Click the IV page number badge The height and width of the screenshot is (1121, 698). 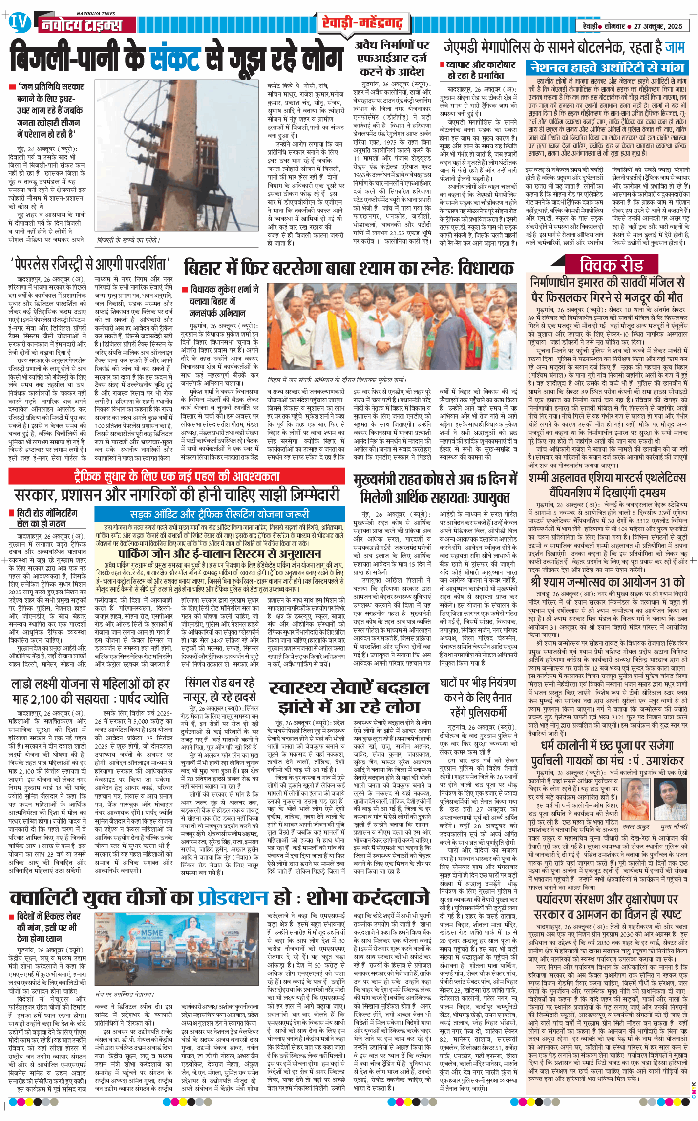pos(19,23)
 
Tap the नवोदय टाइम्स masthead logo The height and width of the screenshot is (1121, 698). pos(81,25)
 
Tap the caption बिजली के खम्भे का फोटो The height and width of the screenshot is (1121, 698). pos(127,240)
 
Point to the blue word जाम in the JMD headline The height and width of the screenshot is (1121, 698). pos(675,48)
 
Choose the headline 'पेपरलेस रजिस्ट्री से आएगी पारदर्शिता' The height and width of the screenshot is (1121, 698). pos(90,265)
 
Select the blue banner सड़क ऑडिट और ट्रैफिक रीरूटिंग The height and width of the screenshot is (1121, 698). pos(219,514)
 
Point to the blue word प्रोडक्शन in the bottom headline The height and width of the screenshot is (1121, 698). pos(233,898)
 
